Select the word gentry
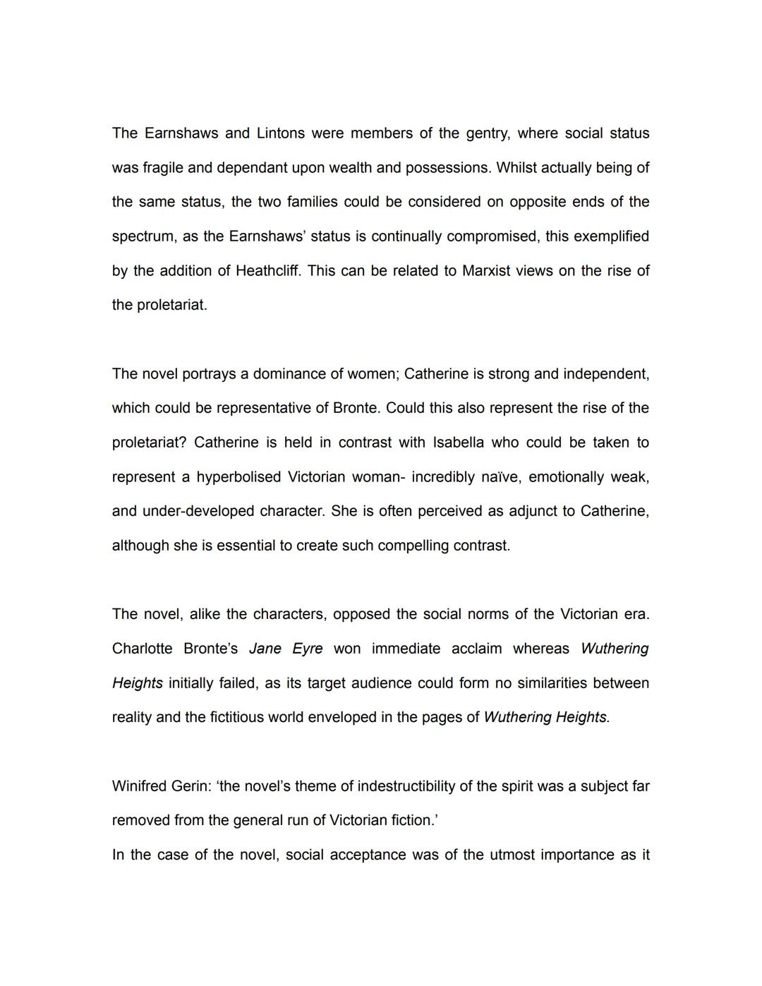point(487,133)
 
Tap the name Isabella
point(459,443)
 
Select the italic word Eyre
point(307,649)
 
